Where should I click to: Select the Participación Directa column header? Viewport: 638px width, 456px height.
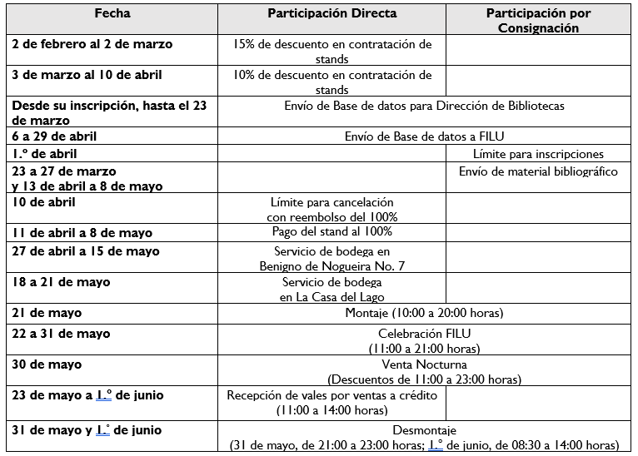pos(331,14)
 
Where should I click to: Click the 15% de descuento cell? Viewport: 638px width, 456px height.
pos(331,52)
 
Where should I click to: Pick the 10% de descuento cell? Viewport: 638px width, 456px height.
pos(331,82)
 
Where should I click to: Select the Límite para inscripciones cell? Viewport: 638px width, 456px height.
pos(538,154)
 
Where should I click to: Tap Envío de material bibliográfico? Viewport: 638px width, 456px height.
pos(538,171)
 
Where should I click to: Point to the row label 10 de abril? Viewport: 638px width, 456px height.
pos(43,202)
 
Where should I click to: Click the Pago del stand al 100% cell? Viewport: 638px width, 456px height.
pos(331,232)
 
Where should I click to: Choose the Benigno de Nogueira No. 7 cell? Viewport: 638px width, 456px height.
pos(331,258)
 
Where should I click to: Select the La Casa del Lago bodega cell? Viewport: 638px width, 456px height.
pos(331,290)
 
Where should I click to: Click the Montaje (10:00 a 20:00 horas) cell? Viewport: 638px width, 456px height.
pos(424,314)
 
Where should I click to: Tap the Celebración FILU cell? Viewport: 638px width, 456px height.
pos(424,340)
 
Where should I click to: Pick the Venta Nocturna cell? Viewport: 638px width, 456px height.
pos(424,371)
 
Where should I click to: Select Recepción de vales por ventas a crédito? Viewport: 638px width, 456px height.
pos(331,403)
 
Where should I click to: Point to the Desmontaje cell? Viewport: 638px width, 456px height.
pos(424,438)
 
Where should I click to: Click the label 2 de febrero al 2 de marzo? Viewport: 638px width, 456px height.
pos(92,45)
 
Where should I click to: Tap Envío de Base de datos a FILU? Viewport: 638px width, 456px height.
pos(424,136)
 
